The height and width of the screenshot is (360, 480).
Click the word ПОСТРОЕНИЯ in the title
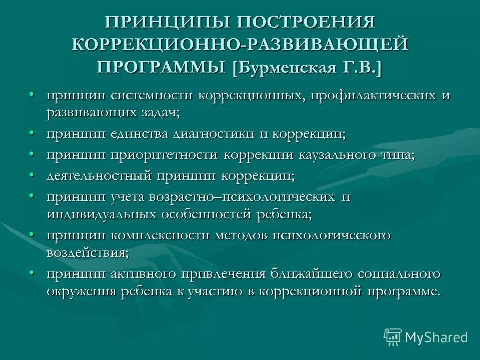coord(306,23)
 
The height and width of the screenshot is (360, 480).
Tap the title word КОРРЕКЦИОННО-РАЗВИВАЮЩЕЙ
coord(240,44)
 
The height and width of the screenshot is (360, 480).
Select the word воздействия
coord(88,253)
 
